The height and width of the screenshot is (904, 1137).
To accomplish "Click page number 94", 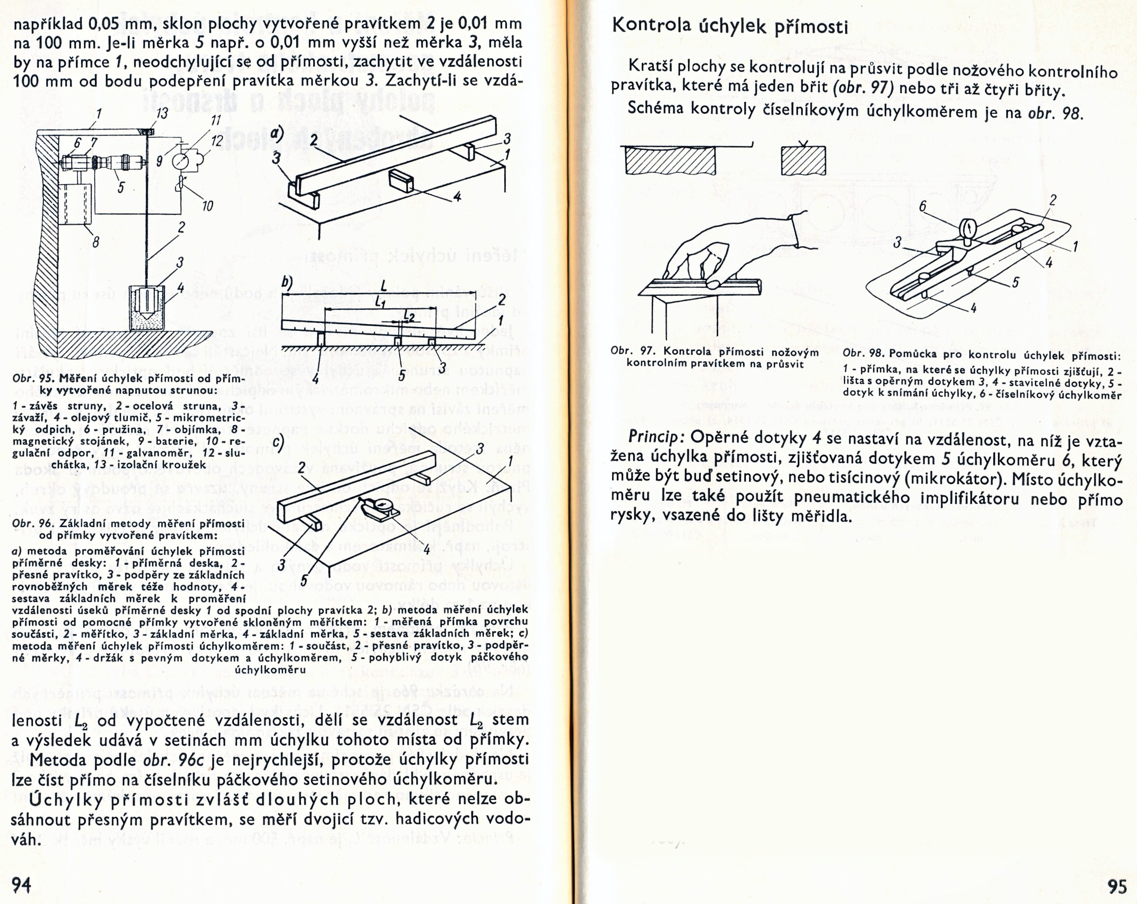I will (x=22, y=884).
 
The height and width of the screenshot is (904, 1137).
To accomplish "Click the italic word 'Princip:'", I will (x=656, y=437).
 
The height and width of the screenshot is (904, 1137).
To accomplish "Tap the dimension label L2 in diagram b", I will (x=409, y=315).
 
